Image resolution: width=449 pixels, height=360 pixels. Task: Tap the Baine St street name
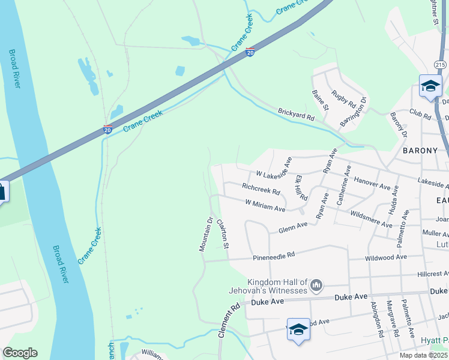coord(320,100)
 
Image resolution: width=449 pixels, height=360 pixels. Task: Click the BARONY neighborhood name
coord(421,150)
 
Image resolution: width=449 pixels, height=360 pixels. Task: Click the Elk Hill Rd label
coord(301,188)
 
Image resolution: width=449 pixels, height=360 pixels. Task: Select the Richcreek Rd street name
coord(261,189)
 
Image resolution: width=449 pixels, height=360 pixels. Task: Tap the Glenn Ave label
coord(293,227)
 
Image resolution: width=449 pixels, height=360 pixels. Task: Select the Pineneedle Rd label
coord(274,255)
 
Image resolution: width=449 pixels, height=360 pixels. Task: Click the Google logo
coord(20,352)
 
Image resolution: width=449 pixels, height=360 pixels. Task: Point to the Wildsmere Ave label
coord(371,218)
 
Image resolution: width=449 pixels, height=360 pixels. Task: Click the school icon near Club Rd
coord(430,86)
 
